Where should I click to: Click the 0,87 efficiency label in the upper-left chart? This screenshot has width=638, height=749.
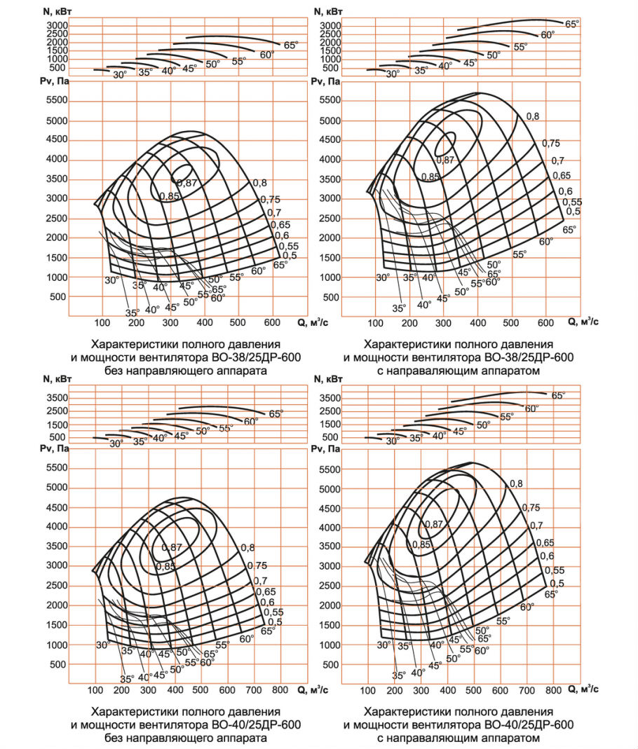click(x=187, y=183)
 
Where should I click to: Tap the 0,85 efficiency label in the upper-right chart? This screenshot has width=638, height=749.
click(x=430, y=177)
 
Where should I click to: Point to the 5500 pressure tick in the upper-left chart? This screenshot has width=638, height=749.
click(x=57, y=100)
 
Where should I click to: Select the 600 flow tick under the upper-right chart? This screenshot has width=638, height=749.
click(x=545, y=323)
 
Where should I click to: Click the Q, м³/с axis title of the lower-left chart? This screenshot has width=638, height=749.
click(x=313, y=689)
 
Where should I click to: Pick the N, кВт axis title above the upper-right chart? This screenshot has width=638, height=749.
click(x=328, y=11)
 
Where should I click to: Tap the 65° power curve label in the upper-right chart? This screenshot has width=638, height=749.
click(x=571, y=24)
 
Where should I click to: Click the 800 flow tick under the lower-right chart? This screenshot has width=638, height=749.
click(x=553, y=690)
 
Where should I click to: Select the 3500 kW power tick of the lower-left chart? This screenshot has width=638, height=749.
click(x=57, y=397)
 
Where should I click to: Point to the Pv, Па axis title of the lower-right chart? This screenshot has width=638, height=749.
click(x=325, y=449)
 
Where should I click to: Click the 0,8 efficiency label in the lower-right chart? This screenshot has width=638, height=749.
click(x=516, y=483)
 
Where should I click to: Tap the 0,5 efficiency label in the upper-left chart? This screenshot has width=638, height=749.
click(x=289, y=256)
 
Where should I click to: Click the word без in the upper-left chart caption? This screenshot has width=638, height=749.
click(x=116, y=371)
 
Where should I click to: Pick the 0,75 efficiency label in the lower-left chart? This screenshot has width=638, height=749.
click(x=257, y=565)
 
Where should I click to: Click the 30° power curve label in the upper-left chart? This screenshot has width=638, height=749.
click(x=119, y=75)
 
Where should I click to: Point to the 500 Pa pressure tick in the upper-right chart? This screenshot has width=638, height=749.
click(x=331, y=297)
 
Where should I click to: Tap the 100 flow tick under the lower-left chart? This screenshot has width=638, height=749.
click(x=95, y=689)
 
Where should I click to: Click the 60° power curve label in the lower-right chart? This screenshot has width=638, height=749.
click(x=531, y=409)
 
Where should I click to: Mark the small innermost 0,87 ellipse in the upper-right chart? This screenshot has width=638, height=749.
click(x=445, y=144)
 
